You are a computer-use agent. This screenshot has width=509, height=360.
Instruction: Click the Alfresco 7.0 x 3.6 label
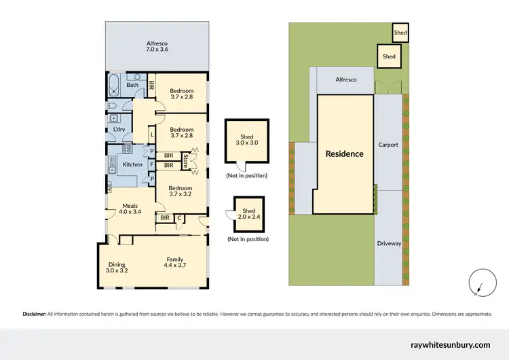pos(157,45)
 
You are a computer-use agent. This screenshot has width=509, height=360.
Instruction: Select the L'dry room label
pos(119,129)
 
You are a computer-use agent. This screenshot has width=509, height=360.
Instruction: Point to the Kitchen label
pos(132,164)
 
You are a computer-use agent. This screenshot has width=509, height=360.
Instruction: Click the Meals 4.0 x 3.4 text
pos(130,209)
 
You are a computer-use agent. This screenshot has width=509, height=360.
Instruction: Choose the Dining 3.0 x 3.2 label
pos(117,267)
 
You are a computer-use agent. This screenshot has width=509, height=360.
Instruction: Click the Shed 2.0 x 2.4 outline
pos(249,213)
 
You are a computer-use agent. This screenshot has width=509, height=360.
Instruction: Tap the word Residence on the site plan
pos(344,154)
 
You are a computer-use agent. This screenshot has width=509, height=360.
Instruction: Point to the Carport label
pos(389,145)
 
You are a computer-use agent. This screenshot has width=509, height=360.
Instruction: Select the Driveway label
pos(389,242)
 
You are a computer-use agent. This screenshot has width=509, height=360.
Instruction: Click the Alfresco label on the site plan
pos(346,79)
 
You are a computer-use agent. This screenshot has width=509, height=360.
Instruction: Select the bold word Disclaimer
pos(34,314)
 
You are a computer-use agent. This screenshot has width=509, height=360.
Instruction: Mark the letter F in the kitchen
pos(153,164)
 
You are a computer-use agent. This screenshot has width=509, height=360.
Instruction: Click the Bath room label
pos(132,85)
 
